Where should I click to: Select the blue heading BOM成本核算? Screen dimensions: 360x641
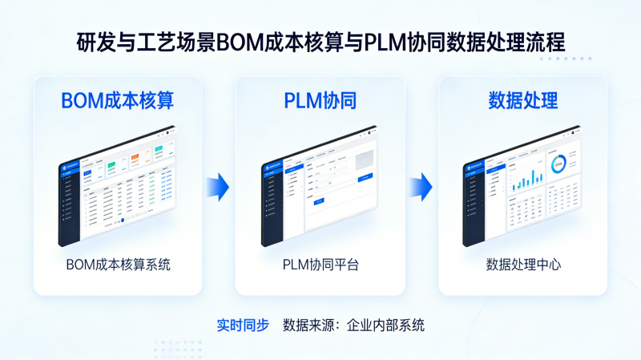pos(117,101)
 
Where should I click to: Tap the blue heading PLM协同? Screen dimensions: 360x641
pos(320,101)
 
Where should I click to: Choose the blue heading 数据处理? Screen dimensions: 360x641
pos(523,101)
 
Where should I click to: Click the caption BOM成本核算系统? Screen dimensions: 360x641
pos(117,264)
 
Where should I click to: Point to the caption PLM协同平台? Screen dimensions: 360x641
pos(320,264)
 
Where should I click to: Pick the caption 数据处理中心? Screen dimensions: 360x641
pos(523,264)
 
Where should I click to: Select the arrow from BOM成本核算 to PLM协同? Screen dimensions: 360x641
pos(218,187)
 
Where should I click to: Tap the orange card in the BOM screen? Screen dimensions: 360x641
pos(135,158)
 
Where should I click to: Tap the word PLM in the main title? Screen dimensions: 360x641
pos(383,42)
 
